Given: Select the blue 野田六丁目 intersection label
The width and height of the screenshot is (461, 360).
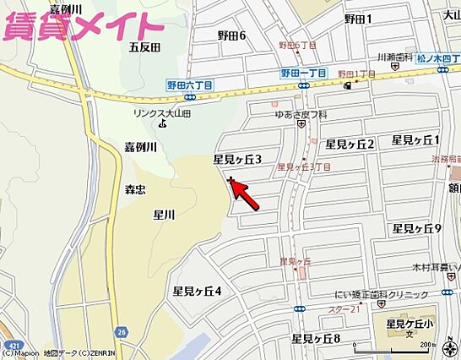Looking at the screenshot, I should point(189,85).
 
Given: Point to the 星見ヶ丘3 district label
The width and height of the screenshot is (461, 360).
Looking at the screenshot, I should point(237,159).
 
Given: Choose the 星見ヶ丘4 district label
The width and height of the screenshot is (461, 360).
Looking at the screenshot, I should point(197,292).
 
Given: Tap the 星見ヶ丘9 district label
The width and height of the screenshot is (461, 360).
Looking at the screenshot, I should point(417,229).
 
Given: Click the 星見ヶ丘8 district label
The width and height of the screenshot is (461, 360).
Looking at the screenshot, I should point(316,339).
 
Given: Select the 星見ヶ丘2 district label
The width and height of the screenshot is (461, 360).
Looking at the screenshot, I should point(350,144).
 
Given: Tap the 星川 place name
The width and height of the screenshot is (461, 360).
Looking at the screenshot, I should point(164,215).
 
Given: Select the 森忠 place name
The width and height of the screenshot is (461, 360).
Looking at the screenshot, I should point(136,189).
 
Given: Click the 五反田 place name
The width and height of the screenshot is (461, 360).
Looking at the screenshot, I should point(144,47).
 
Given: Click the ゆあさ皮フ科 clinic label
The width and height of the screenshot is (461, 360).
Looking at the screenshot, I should point(301,114).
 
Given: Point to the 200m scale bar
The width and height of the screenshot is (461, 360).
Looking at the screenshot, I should point(426,347).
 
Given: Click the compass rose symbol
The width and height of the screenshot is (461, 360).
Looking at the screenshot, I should point(362,346).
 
